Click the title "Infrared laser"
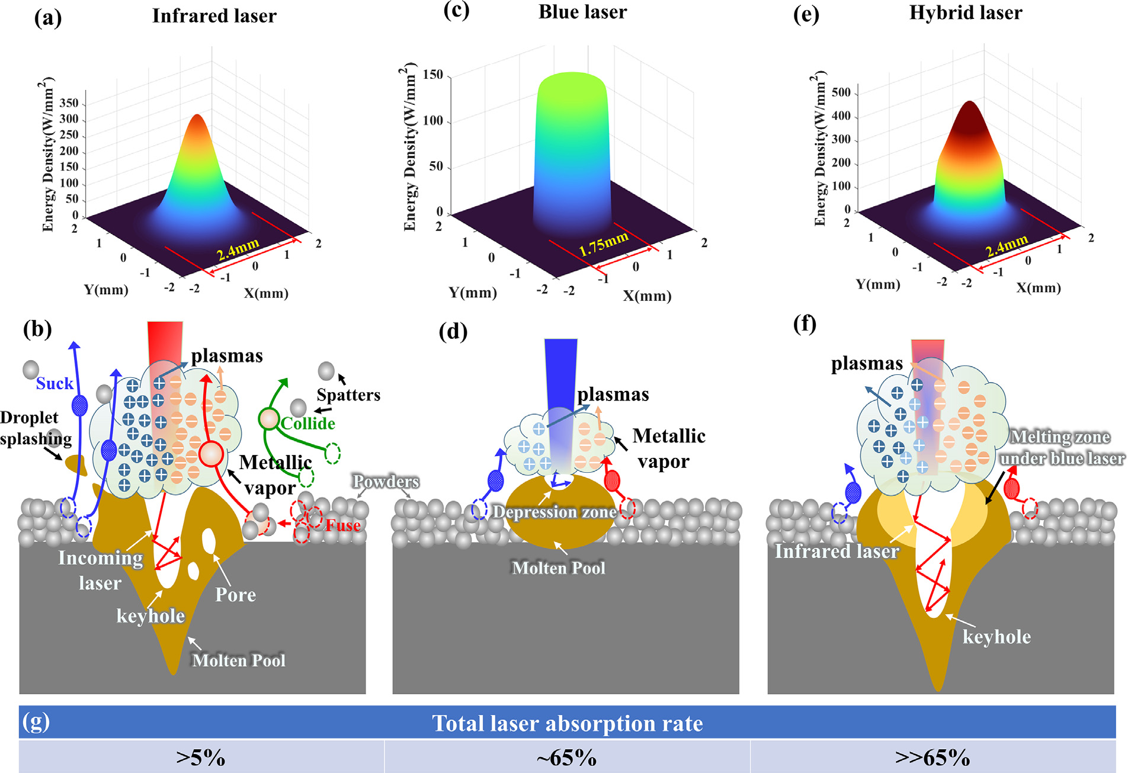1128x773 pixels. click(214, 16)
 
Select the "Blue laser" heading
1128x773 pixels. click(582, 12)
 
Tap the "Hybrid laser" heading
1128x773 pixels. click(966, 13)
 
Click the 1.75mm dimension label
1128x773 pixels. click(604, 244)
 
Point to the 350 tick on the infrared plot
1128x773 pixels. click(69, 103)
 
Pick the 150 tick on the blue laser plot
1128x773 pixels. click(433, 75)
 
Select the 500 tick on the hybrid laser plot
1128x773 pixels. click(841, 92)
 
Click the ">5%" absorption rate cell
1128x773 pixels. click(201, 758)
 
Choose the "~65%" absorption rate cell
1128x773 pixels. click(566, 758)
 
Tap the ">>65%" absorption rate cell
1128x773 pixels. click(932, 758)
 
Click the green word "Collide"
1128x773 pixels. click(308, 424)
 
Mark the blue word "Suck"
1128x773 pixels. click(55, 384)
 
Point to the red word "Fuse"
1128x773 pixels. click(343, 525)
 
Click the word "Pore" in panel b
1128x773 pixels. click(235, 595)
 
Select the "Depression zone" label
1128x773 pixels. click(555, 512)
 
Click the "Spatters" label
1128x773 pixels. click(348, 395)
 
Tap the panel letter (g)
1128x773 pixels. click(36, 722)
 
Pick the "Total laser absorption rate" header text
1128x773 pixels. click(567, 723)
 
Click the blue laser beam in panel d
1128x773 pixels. click(560, 379)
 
